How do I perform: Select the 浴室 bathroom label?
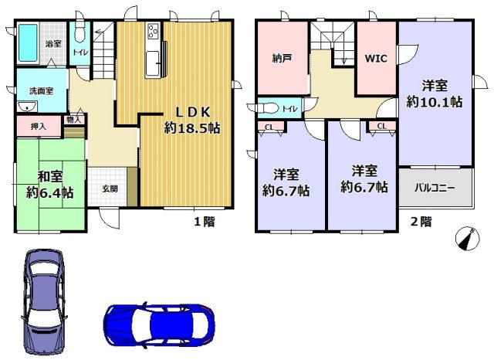click(52, 44)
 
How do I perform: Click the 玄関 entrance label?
click(110, 188)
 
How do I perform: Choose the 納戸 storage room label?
click(282, 57)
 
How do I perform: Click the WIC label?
click(376, 57)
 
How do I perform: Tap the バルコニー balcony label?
click(435, 188)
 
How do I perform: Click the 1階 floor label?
click(203, 222)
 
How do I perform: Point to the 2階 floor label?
click(420, 222)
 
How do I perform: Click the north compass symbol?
click(465, 238)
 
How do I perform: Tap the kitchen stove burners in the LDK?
click(151, 33)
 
